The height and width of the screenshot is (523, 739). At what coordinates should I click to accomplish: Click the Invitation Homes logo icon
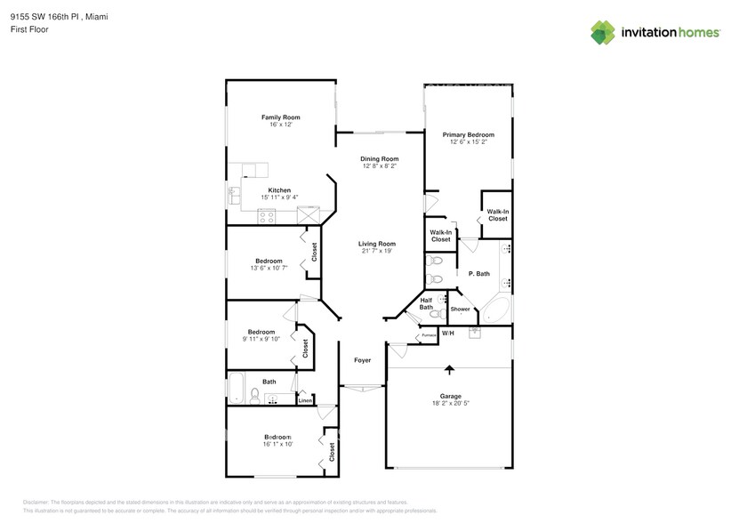pos(604,32)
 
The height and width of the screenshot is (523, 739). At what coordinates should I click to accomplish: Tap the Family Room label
pos(280,117)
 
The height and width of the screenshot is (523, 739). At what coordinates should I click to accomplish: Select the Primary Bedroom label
pos(468,135)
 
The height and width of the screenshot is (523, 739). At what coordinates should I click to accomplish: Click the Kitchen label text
pos(280,189)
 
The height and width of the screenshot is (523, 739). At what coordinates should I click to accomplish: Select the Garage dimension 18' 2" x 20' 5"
pos(448,404)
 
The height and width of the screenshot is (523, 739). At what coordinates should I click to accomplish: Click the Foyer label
pos(363,360)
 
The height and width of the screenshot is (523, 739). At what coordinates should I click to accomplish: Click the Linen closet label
pos(305,400)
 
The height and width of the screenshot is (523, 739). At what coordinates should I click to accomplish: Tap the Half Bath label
pos(426,304)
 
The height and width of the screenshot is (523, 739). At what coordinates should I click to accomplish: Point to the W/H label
pos(448,334)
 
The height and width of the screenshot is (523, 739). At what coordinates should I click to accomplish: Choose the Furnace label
pos(429,335)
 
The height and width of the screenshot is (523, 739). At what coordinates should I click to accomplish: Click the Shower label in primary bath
pos(460,310)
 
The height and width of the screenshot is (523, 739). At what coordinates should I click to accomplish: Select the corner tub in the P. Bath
pos(495,311)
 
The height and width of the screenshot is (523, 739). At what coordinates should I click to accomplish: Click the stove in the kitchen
pos(266,215)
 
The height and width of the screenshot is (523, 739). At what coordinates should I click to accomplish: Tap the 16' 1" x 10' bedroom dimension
pos(279,444)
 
